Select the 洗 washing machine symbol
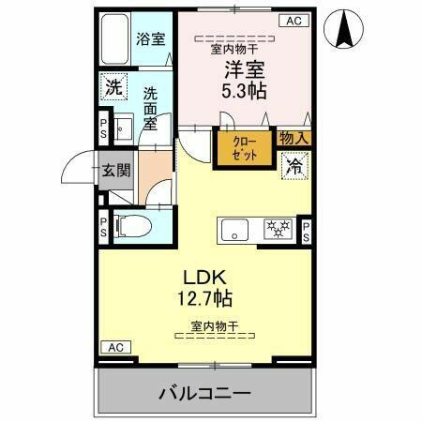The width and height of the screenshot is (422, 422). click(x=113, y=86)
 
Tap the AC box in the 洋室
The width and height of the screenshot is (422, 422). click(x=293, y=20)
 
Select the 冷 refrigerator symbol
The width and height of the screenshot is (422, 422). click(x=294, y=165)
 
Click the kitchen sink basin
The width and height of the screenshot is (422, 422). click(x=234, y=230)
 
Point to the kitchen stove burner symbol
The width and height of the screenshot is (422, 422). click(x=277, y=230)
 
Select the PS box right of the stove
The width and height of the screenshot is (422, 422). click(x=305, y=230)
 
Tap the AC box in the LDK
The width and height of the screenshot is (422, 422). click(x=114, y=347)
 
